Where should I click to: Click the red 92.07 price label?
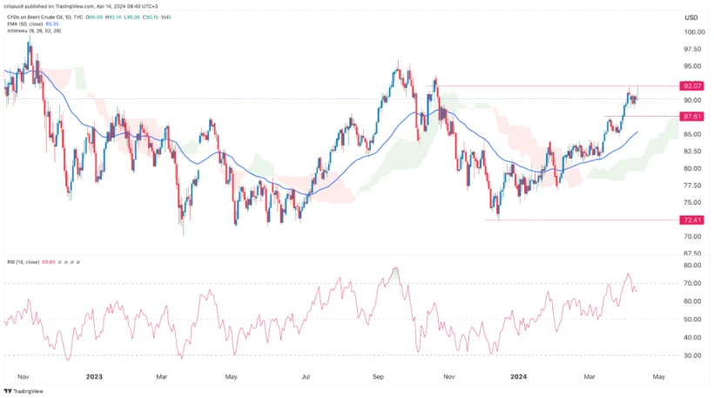tap(693, 86)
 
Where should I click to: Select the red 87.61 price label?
tap(693, 116)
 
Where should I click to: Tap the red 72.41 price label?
tap(693, 220)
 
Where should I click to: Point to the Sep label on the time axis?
tap(378, 376)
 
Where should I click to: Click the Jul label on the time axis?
tap(306, 376)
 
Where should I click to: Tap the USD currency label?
tap(692, 17)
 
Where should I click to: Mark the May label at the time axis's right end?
tap(658, 376)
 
